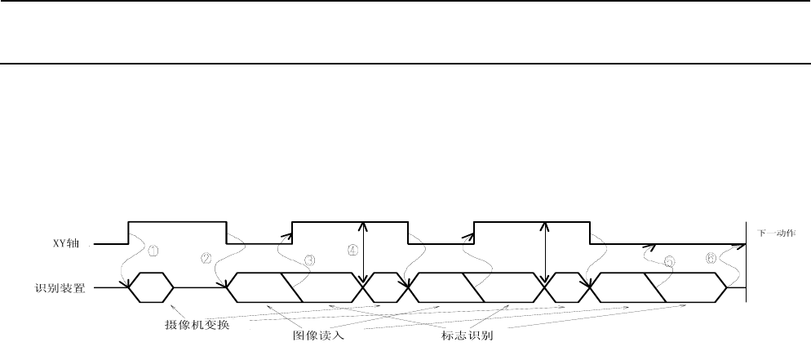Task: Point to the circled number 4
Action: [352, 251]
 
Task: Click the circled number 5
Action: [670, 262]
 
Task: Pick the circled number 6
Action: [711, 259]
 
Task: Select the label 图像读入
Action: [319, 336]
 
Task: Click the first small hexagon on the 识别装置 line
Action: [151, 287]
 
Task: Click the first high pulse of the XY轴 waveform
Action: [177, 221]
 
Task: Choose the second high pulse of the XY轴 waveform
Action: [350, 221]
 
